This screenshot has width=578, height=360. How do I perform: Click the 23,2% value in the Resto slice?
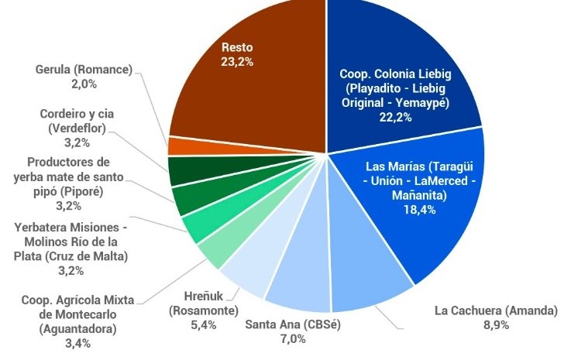tap(237, 61)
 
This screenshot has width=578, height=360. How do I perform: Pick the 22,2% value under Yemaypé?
tap(395, 117)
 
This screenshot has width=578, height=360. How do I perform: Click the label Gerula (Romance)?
tap(84, 69)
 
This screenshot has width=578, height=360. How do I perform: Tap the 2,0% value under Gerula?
tap(84, 83)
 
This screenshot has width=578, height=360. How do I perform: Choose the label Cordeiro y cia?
tap(76, 115)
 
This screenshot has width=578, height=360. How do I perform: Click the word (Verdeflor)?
tap(76, 129)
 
